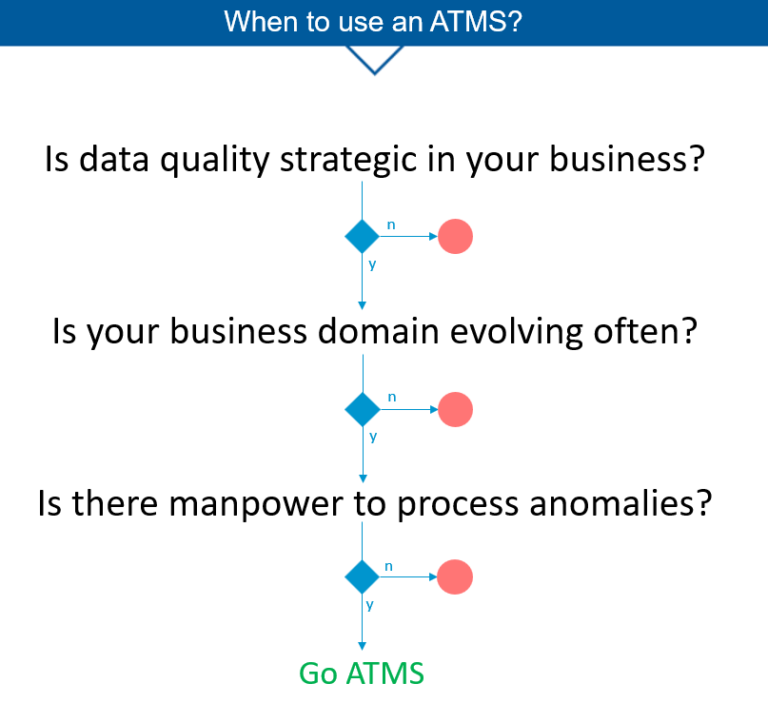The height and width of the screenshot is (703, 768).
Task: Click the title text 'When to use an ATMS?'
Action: coord(373,22)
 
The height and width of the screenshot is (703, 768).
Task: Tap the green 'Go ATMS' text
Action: coord(362,674)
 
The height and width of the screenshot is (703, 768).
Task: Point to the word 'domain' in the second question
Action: coord(378,331)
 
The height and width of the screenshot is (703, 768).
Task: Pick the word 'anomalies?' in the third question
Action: coord(620,503)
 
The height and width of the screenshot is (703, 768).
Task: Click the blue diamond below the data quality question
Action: coord(362,237)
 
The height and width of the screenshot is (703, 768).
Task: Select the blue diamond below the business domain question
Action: coord(363,409)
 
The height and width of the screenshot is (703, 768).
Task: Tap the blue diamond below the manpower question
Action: coord(362,576)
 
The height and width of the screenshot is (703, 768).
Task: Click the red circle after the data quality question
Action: coord(455,237)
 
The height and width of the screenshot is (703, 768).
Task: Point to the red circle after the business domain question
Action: coord(456,409)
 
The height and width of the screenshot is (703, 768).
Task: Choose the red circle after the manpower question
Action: coord(455,576)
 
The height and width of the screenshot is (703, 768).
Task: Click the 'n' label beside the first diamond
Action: coord(391,225)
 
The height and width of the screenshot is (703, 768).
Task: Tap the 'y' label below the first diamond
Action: coord(372,264)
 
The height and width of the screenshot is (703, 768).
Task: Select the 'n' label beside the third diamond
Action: coord(389,566)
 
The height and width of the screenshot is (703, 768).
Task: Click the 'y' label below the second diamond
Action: coord(373,437)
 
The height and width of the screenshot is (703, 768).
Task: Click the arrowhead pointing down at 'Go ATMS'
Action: coord(362,646)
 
